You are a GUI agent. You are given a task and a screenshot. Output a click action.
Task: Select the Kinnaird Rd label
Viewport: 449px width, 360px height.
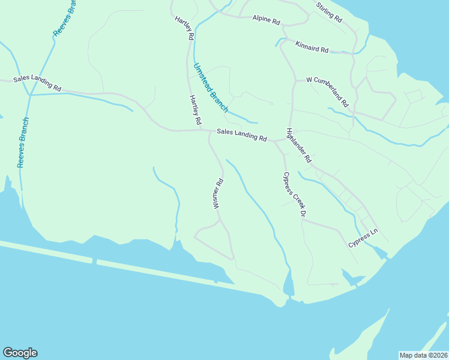(x=312, y=47)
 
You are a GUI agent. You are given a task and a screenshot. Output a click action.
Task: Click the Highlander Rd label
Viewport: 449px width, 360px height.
(x=299, y=146)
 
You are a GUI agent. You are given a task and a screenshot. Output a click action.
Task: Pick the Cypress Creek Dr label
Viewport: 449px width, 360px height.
(x=295, y=194)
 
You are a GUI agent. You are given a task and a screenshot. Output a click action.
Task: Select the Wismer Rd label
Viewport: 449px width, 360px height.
(x=218, y=193)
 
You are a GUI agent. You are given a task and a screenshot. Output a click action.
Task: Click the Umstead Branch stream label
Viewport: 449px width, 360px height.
(x=210, y=88)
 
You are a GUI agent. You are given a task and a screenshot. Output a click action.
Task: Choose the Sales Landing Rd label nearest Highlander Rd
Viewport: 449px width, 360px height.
(x=241, y=134)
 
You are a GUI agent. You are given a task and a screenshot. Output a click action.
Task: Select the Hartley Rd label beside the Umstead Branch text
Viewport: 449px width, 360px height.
(x=195, y=110)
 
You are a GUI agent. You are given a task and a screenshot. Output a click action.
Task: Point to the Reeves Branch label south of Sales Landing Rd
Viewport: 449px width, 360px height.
(x=23, y=142)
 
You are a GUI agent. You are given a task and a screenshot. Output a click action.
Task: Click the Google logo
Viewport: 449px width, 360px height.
(x=20, y=353)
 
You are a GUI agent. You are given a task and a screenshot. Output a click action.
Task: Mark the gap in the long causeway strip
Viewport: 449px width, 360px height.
(x=94, y=261)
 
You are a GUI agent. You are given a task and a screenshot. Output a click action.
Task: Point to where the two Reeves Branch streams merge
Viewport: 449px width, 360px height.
(x=28, y=95)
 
